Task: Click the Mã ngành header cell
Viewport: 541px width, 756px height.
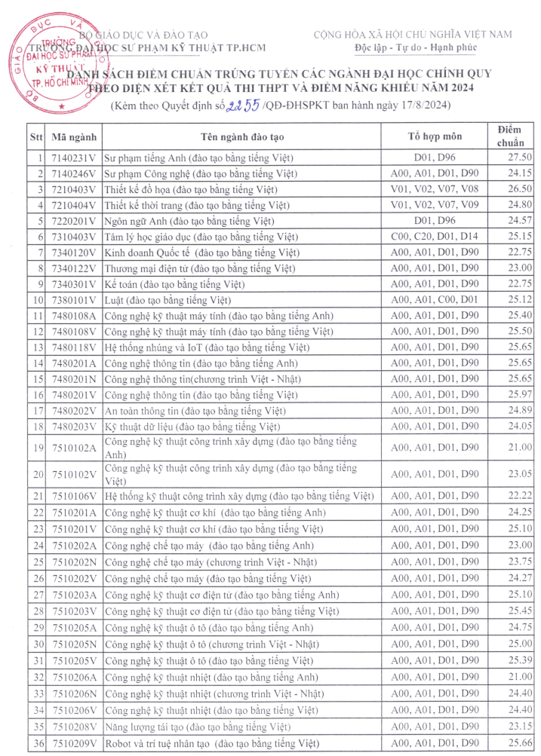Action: point(74,137)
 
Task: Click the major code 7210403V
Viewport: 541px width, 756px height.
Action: point(74,189)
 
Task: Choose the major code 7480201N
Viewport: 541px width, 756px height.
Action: point(74,378)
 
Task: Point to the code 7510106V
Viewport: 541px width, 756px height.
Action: point(74,496)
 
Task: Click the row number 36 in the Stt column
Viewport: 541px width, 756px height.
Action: point(36,743)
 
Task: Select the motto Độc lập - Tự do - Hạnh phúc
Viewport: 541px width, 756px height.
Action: point(412,48)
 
